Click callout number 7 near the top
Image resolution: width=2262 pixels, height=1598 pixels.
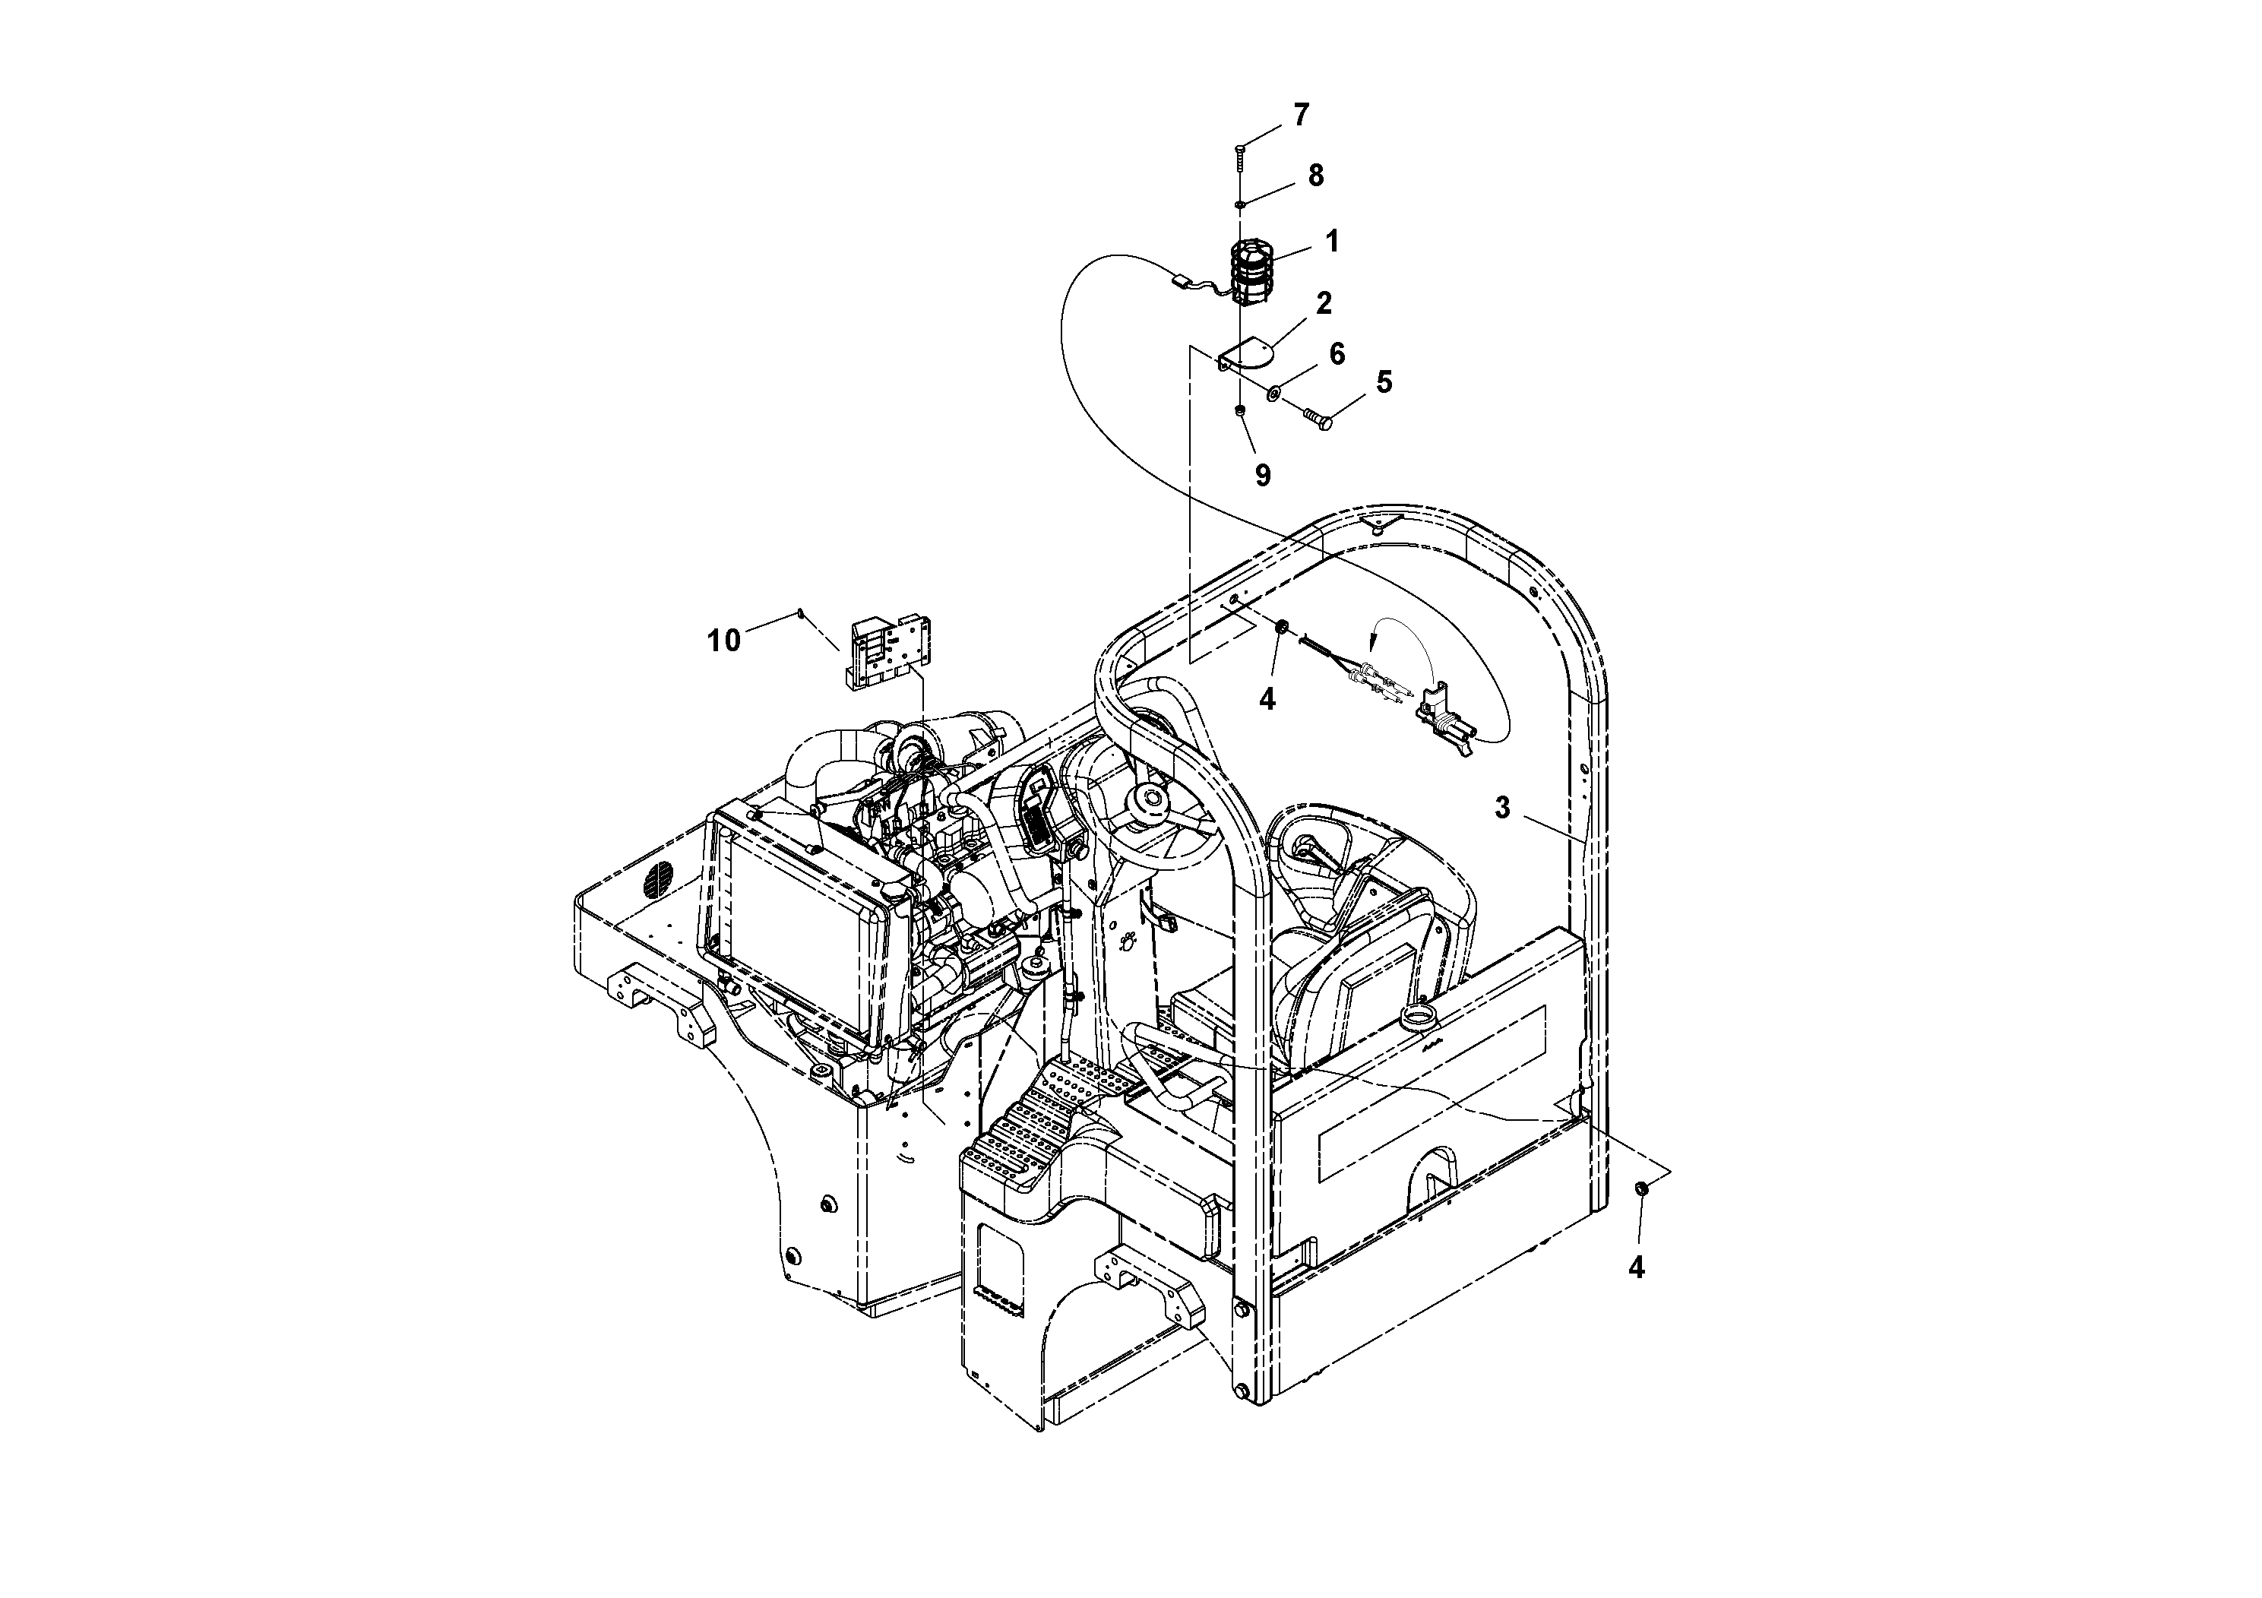point(1301,115)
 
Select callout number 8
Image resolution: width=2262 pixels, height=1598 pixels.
point(1314,176)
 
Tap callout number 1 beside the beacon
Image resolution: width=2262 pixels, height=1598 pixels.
point(1332,240)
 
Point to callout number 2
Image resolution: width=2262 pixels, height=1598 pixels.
point(1323,302)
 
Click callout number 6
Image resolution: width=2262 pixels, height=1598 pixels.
point(1336,353)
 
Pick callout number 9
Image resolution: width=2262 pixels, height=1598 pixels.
point(1262,476)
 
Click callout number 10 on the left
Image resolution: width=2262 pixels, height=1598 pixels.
point(723,641)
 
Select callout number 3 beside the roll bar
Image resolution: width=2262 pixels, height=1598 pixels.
point(1501,808)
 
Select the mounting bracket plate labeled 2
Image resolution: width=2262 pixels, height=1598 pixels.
point(1243,353)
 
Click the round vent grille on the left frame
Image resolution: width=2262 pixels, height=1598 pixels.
point(660,879)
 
